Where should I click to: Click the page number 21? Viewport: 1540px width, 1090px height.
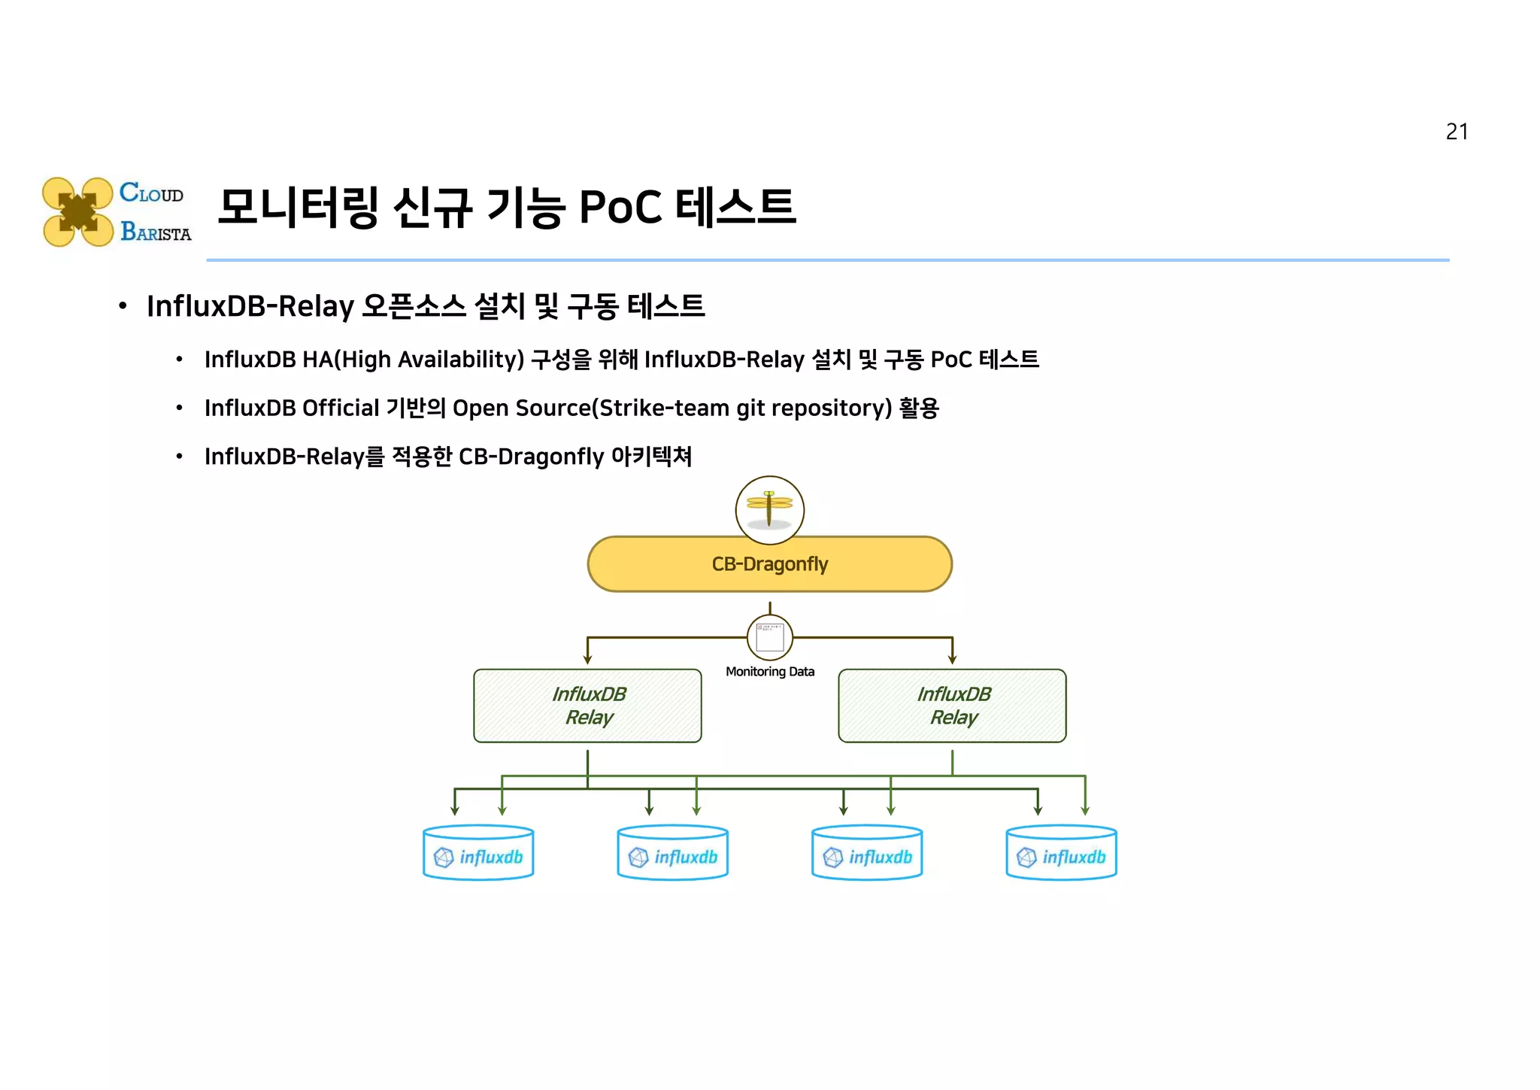tap(1456, 132)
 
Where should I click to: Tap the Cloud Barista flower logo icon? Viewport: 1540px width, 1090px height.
tap(77, 211)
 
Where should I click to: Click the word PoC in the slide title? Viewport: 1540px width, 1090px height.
tap(620, 208)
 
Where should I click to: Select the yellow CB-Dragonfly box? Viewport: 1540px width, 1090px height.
tap(769, 564)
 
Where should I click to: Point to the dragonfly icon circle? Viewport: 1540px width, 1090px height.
tap(769, 509)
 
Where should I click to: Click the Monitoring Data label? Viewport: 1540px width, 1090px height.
tap(769, 672)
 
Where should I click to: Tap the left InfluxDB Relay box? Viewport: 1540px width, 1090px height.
tap(587, 706)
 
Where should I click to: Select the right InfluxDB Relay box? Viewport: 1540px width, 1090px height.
tap(952, 706)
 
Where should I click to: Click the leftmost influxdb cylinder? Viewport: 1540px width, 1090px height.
tap(478, 853)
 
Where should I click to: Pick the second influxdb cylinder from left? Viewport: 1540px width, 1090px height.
tap(672, 853)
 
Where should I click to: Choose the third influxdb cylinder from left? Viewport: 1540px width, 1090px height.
tap(867, 853)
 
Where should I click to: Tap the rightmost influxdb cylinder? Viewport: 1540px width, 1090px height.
tap(1061, 853)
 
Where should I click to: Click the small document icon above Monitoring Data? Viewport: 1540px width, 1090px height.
tap(769, 637)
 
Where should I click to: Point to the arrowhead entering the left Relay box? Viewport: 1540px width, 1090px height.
tap(587, 660)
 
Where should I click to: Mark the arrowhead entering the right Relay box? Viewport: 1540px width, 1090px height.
tap(952, 660)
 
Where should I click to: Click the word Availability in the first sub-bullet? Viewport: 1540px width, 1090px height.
tap(460, 360)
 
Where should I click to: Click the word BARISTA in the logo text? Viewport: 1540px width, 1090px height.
tap(156, 232)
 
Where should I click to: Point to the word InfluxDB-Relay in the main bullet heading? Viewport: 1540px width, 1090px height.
tap(250, 306)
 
